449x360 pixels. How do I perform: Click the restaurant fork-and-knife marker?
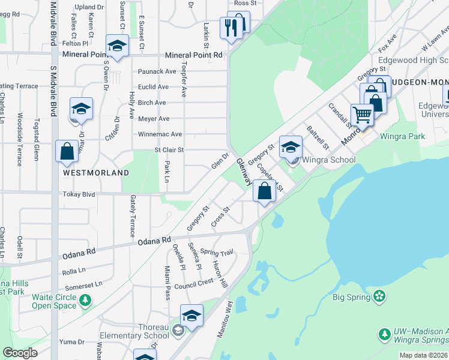point(231,27)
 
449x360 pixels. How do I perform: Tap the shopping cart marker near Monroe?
point(362,113)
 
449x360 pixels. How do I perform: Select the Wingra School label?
point(328,160)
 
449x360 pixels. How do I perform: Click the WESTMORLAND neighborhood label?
point(96,173)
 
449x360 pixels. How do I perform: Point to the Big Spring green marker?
point(379,296)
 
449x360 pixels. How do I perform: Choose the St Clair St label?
point(169,150)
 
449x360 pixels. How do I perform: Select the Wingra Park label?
point(405,136)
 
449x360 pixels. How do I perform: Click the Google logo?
point(20,353)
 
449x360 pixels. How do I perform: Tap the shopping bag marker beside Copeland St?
point(264,191)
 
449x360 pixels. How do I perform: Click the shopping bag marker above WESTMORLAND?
point(67,151)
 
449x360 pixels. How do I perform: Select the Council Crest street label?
point(194,282)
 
